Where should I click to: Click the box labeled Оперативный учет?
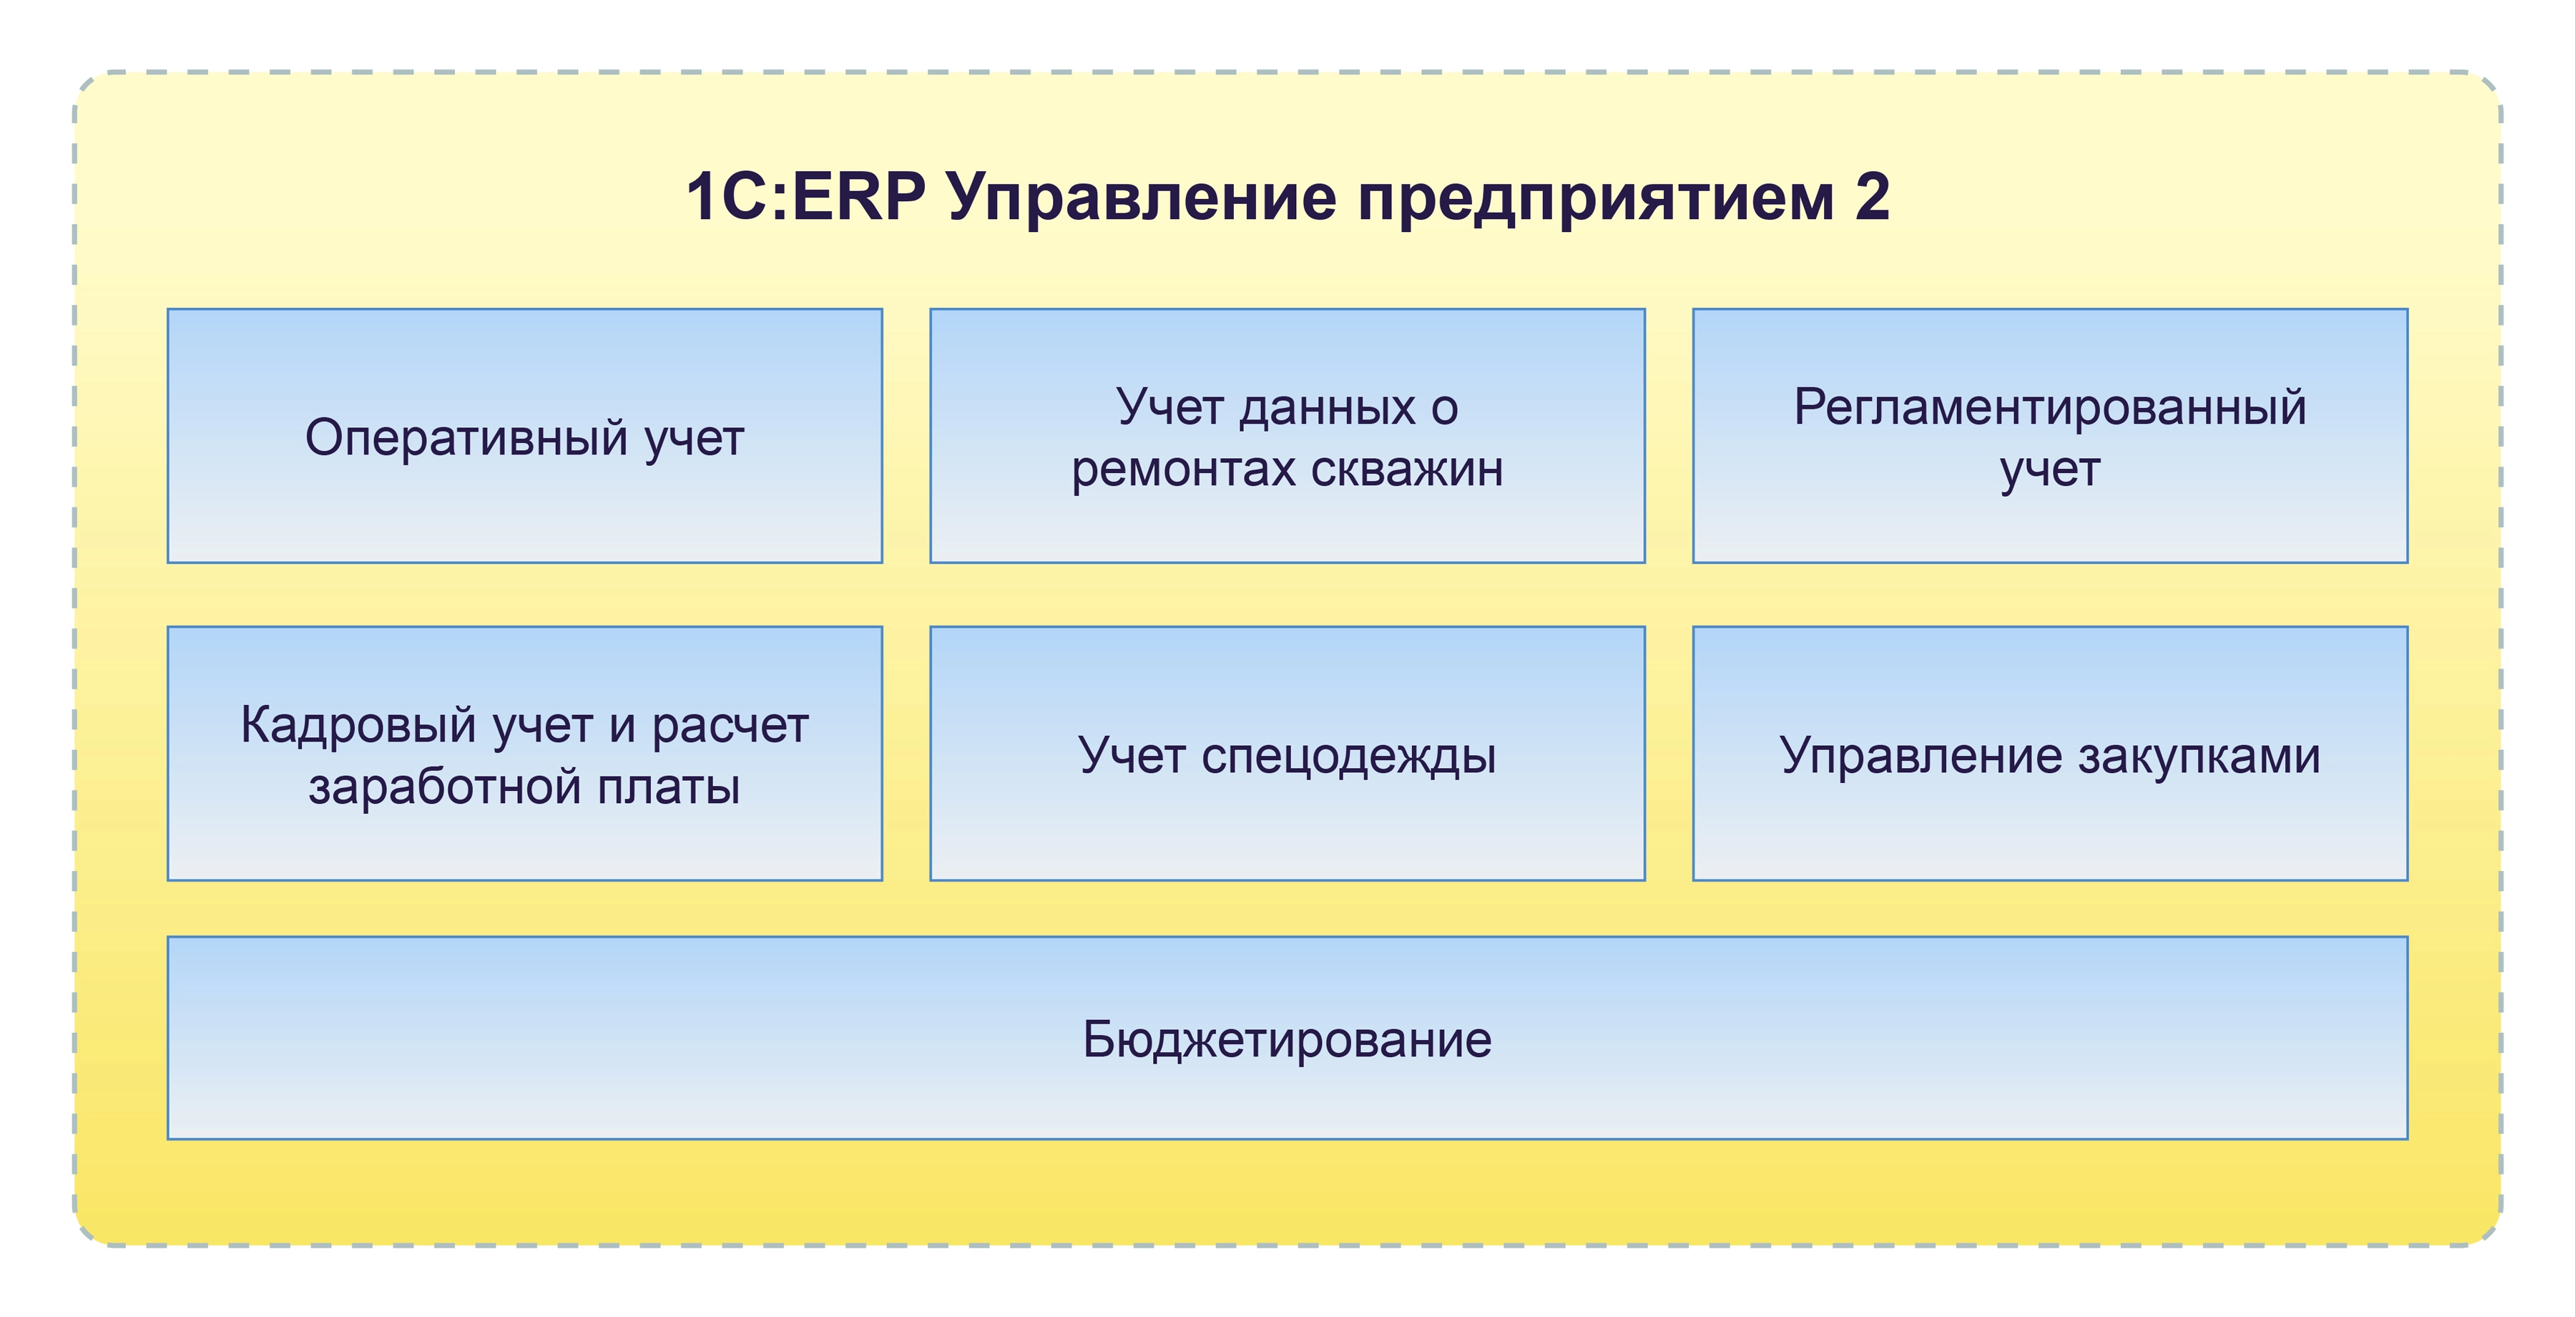[525, 436]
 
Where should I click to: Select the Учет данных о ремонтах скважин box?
[1287, 436]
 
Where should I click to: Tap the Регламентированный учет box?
[2050, 436]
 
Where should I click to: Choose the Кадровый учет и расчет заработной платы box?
[525, 754]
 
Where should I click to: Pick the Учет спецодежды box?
[1287, 754]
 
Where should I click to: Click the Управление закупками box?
[2050, 754]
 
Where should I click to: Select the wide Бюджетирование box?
[1287, 1038]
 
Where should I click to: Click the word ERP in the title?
[858, 196]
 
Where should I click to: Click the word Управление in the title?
[1142, 200]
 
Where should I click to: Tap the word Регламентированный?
[2050, 409]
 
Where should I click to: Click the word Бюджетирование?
[1287, 1041]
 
